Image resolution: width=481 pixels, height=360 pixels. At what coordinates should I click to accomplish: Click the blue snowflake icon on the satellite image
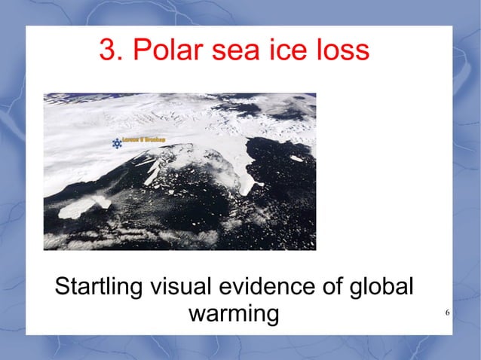click(x=117, y=143)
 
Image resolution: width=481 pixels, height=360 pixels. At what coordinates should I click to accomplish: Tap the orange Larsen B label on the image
click(x=146, y=140)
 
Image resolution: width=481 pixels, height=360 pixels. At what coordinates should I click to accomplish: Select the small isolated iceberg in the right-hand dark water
click(x=296, y=159)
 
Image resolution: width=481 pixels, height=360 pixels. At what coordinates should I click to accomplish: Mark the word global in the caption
click(x=386, y=288)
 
